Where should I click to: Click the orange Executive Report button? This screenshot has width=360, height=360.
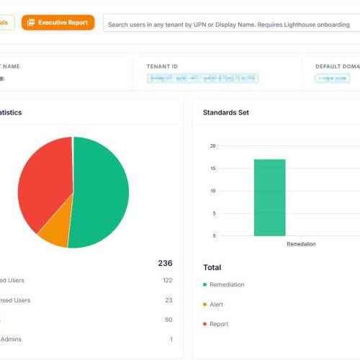pos(58,22)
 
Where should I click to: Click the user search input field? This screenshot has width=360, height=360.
pos(230,24)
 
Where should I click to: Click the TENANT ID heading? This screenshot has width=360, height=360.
pos(163,66)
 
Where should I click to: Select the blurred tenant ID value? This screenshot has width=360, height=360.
pos(202,78)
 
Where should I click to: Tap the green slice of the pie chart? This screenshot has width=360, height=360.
pos(101,194)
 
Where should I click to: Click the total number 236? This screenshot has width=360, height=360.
pos(165,264)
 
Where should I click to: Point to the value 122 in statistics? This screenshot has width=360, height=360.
pos(167,280)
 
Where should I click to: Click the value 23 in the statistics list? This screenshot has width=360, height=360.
pos(168,300)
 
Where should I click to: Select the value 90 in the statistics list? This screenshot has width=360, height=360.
pos(168,320)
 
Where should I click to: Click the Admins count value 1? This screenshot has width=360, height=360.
pos(171,339)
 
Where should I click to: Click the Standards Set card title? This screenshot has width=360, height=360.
pos(226,113)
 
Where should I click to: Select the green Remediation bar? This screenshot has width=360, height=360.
pos(269,197)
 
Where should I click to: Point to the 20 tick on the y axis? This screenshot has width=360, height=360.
pos(212,146)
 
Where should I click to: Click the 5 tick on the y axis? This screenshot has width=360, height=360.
pos(214,213)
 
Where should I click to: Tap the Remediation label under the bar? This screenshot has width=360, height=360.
pos(301,244)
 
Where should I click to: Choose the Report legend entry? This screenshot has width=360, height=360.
pos(219,324)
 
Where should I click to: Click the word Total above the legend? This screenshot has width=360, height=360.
pos(212,267)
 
